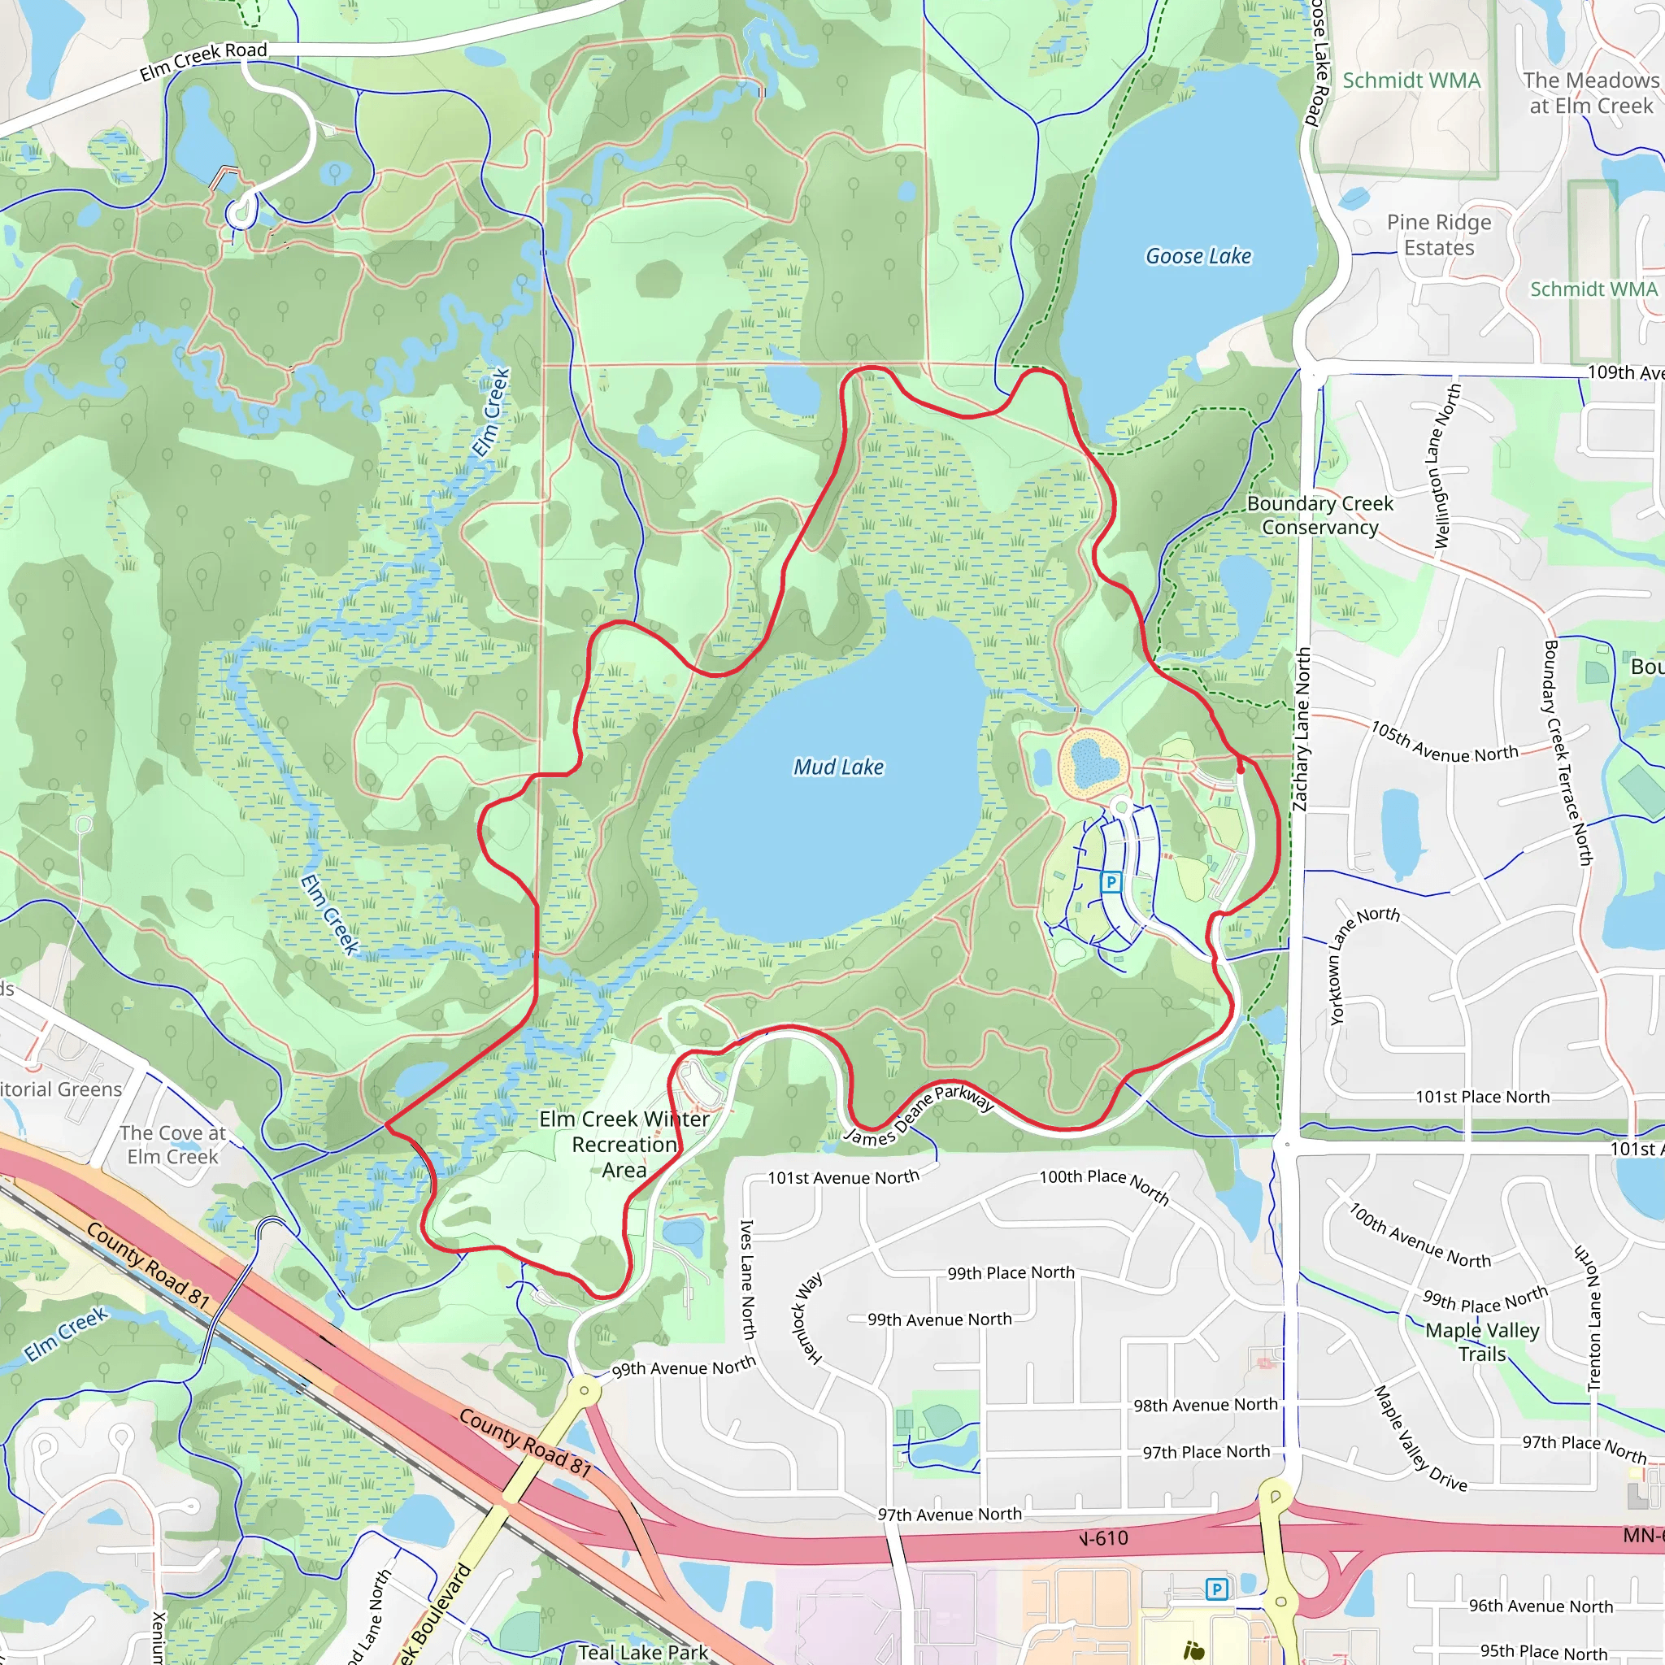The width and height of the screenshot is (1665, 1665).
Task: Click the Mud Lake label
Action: (838, 767)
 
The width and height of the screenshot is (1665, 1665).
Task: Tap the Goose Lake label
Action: (1198, 256)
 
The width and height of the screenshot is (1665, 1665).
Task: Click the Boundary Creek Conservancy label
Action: (1319, 515)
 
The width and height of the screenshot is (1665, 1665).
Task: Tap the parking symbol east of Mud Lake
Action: (1111, 881)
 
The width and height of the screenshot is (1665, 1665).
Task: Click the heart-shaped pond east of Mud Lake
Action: (1093, 761)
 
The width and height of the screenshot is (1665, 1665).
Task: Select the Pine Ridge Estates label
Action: (1438, 234)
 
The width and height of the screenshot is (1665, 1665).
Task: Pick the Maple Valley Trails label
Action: (1481, 1341)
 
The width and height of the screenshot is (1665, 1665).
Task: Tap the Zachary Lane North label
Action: (1302, 729)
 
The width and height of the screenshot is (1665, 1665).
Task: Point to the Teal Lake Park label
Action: (643, 1652)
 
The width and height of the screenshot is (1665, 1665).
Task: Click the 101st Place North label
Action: (1482, 1097)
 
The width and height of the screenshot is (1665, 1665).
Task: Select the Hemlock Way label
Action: (807, 1319)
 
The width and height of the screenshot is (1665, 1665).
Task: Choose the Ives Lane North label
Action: (748, 1279)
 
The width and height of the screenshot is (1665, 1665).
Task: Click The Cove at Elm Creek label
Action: (172, 1145)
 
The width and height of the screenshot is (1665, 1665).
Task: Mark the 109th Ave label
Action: (1624, 372)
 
